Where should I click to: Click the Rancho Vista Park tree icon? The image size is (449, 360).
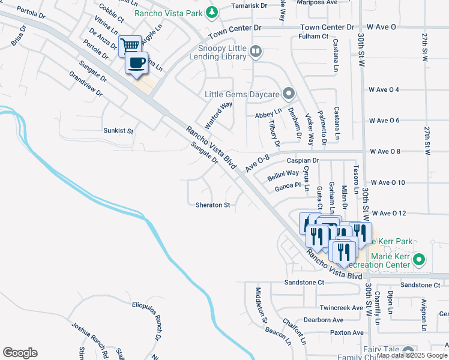point(211,11)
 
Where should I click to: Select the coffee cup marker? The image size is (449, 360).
point(136,62)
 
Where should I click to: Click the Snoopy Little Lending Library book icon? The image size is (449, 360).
point(256,52)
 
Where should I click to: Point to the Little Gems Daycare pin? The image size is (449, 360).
point(289,94)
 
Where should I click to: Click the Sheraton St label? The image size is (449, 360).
point(213,205)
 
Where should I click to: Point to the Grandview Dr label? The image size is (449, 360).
point(86,85)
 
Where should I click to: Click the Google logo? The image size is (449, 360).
point(20,353)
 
